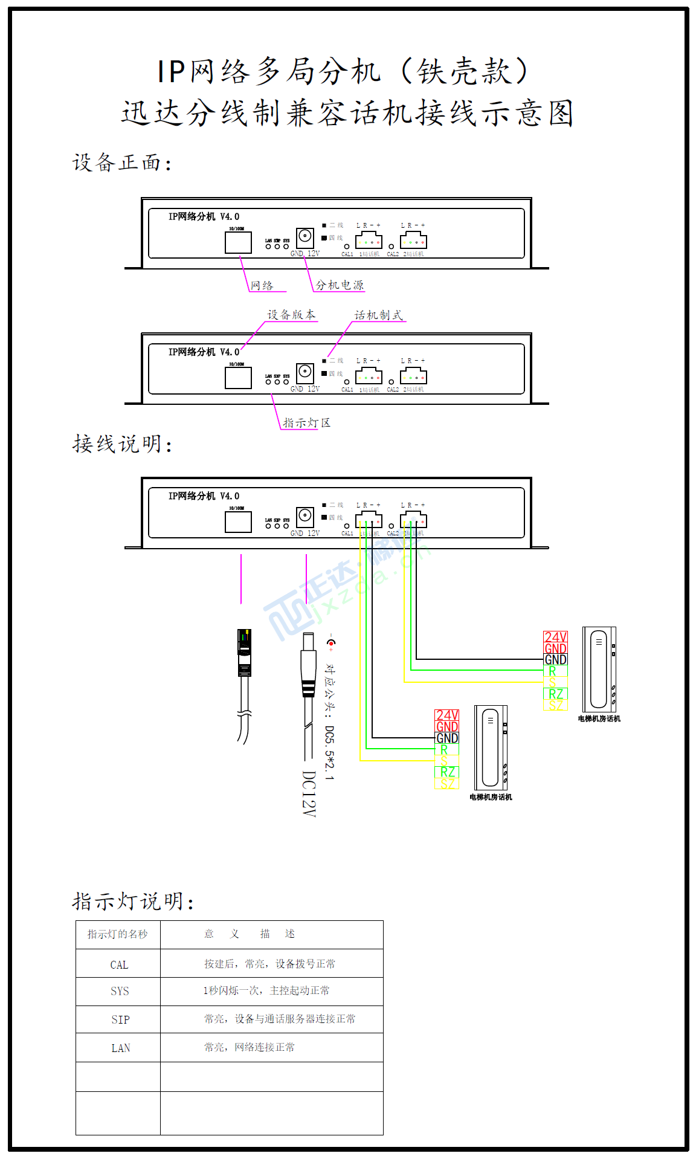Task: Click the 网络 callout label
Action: click(x=262, y=285)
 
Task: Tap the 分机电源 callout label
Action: click(x=340, y=285)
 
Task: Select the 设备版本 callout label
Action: click(x=291, y=315)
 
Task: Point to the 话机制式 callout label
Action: click(x=379, y=315)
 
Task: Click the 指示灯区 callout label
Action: click(x=307, y=422)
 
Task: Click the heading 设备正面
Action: click(x=122, y=163)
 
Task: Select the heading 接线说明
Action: click(x=122, y=444)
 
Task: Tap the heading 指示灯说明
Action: click(x=133, y=902)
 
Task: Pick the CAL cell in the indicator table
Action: click(x=119, y=965)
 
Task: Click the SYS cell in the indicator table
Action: click(x=120, y=991)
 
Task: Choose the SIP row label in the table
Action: click(x=120, y=1019)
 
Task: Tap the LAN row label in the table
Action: click(x=120, y=1048)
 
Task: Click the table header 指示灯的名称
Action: click(x=118, y=934)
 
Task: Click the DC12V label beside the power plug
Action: click(x=309, y=793)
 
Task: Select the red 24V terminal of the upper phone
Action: click(x=555, y=637)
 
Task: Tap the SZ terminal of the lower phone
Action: click(x=447, y=784)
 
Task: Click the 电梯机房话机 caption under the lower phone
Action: click(x=491, y=797)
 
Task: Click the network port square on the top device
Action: click(x=238, y=242)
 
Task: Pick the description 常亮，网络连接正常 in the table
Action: click(x=250, y=1047)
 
